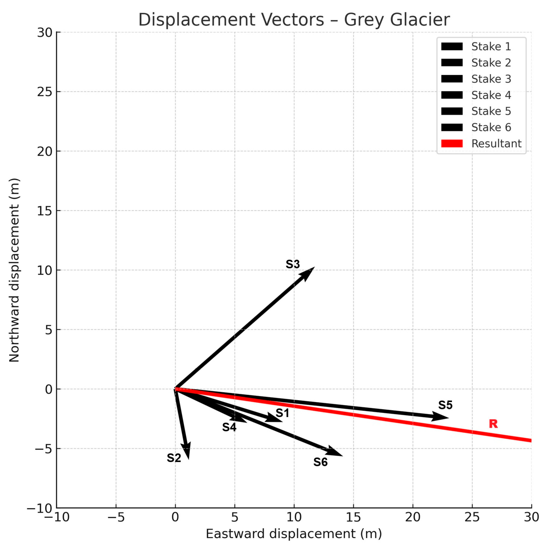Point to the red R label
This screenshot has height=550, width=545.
coord(493,424)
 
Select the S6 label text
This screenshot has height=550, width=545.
coord(320,462)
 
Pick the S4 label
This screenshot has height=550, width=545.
coord(229,427)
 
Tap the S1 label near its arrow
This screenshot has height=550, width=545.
coord(282,413)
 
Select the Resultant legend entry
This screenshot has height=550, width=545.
coord(496,143)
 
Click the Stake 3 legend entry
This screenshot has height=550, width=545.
coord(491,79)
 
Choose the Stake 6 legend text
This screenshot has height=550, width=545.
coord(491,127)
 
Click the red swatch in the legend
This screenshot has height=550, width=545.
coord(452,143)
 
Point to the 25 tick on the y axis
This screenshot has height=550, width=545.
coord(45,92)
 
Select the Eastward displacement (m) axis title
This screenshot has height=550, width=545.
coord(294,534)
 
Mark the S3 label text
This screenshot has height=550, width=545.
coord(293,264)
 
